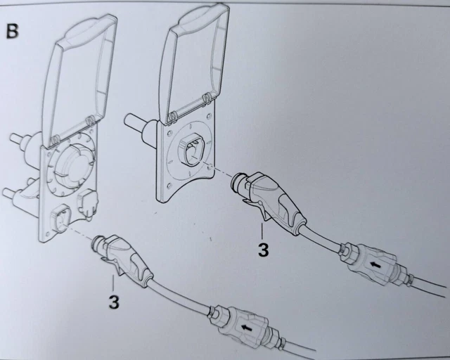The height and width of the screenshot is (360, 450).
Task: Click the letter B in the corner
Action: pos(12,31)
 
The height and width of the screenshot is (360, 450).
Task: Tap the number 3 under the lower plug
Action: pos(114,302)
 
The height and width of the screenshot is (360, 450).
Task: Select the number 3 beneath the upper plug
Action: pos(263,250)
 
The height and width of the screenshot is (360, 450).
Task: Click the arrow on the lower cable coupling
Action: pos(245,327)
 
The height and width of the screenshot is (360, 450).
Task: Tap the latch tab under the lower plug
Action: pos(109,262)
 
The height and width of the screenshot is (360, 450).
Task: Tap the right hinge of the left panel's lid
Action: pos(90,120)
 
